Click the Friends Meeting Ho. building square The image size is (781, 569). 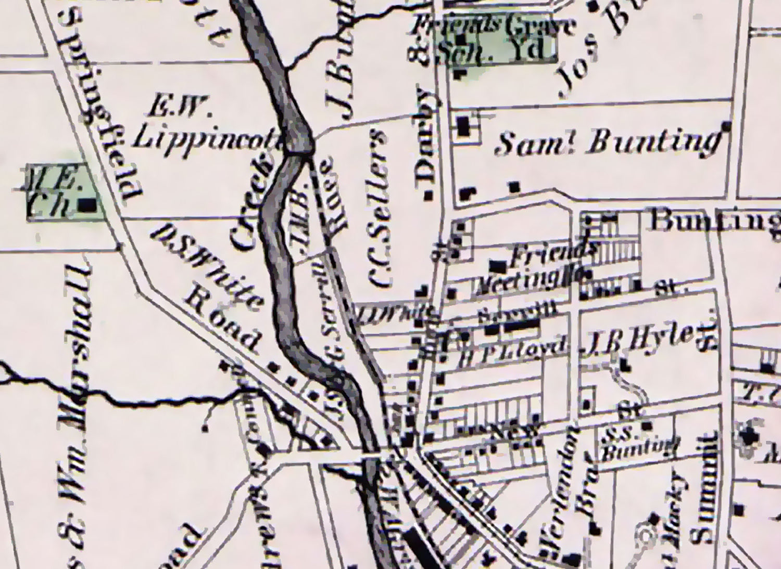click(499, 267)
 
